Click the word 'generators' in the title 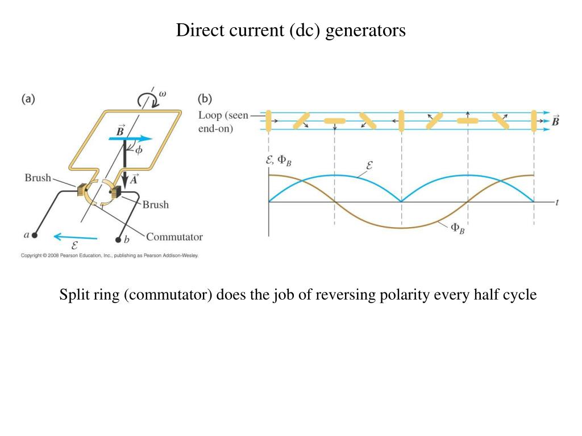(x=365, y=31)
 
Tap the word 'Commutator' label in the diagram (x=174, y=237)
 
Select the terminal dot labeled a (x=35, y=235)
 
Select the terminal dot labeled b (x=118, y=240)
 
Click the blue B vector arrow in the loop (x=130, y=139)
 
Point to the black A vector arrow (x=124, y=163)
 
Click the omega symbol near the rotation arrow (x=163, y=94)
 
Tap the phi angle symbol (x=139, y=150)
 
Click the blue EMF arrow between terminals (x=76, y=237)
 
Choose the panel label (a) (x=28, y=99)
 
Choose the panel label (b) (x=205, y=99)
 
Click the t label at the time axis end (x=557, y=203)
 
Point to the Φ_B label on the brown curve (x=458, y=228)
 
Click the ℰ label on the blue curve (x=369, y=165)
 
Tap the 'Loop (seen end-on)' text (x=223, y=122)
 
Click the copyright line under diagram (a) (x=110, y=255)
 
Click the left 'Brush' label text (x=38, y=178)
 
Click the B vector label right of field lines (x=555, y=121)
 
